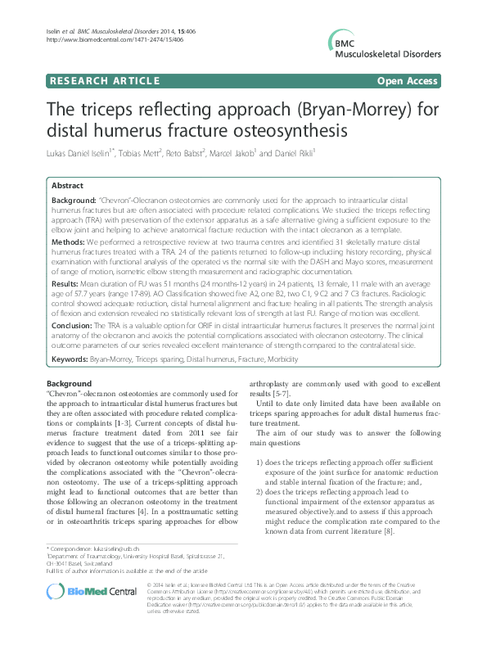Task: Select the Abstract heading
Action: (x=67, y=186)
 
